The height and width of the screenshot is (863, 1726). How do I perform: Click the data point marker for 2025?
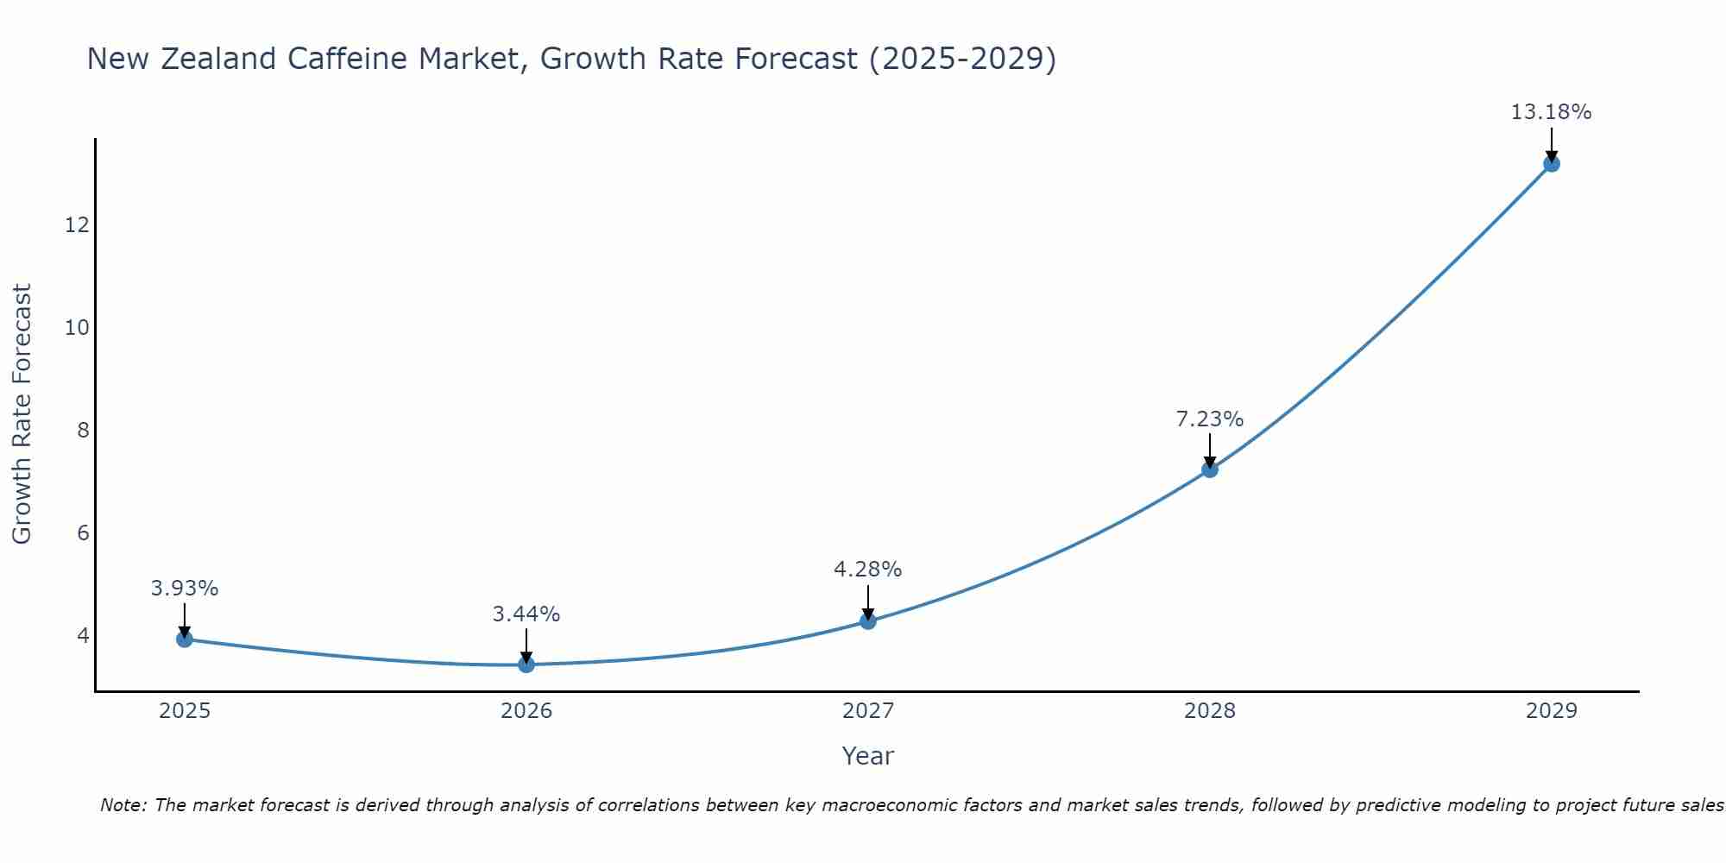click(x=184, y=639)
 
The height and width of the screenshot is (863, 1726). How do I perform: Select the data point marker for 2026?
click(x=526, y=664)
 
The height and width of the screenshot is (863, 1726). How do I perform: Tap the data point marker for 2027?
click(x=868, y=620)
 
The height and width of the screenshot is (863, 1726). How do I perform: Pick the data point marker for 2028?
click(x=1210, y=469)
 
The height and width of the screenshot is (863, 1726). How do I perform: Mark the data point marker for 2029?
click(x=1551, y=163)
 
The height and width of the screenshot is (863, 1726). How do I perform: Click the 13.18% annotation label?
click(x=1551, y=112)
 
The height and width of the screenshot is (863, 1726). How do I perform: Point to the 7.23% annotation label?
click(x=1210, y=419)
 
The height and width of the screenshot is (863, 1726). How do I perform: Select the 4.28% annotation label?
click(x=868, y=570)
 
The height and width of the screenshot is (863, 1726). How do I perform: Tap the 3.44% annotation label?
click(x=526, y=614)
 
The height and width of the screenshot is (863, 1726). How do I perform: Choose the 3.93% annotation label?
click(x=184, y=589)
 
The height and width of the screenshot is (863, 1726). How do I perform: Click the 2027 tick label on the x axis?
click(x=868, y=711)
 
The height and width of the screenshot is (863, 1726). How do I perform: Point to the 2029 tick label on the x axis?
click(x=1551, y=711)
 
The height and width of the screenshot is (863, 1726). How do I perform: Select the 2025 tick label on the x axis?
click(x=185, y=711)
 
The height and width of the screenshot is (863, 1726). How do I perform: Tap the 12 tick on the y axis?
click(x=77, y=225)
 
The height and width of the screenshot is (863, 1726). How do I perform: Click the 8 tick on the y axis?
click(x=83, y=430)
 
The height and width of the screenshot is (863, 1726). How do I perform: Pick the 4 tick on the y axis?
click(x=83, y=635)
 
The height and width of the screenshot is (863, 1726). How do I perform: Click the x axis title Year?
click(x=868, y=756)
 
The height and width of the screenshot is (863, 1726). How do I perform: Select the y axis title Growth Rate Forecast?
click(x=22, y=414)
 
